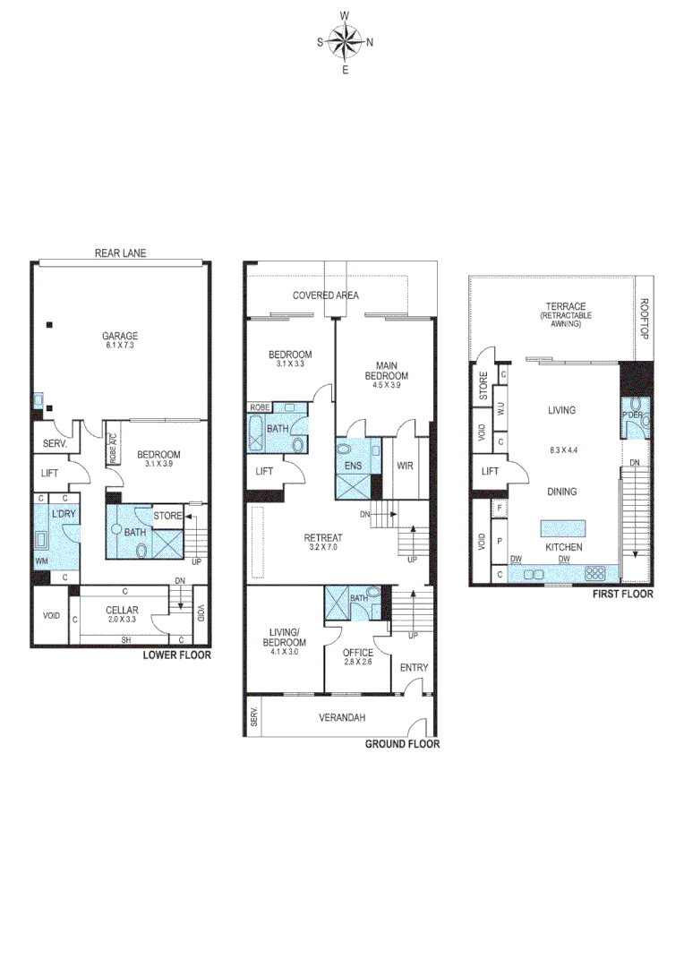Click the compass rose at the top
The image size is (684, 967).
pyautogui.click(x=346, y=41)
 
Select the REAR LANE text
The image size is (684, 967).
pyautogui.click(x=120, y=253)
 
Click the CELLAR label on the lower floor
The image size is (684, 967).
pyautogui.click(x=122, y=610)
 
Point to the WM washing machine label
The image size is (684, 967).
pyautogui.click(x=41, y=561)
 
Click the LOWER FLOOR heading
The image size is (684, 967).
pyautogui.click(x=177, y=655)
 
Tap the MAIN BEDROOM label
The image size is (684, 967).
pyautogui.click(x=390, y=369)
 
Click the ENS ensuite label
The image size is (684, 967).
pyautogui.click(x=352, y=466)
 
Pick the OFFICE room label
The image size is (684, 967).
pyautogui.click(x=358, y=653)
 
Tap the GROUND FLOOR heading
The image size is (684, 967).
pyautogui.click(x=402, y=744)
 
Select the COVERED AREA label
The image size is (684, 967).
pyautogui.click(x=326, y=295)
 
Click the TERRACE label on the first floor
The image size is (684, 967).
pyautogui.click(x=560, y=306)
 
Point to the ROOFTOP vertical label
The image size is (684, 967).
pyautogui.click(x=642, y=318)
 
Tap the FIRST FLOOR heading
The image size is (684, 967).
pyautogui.click(x=621, y=594)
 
